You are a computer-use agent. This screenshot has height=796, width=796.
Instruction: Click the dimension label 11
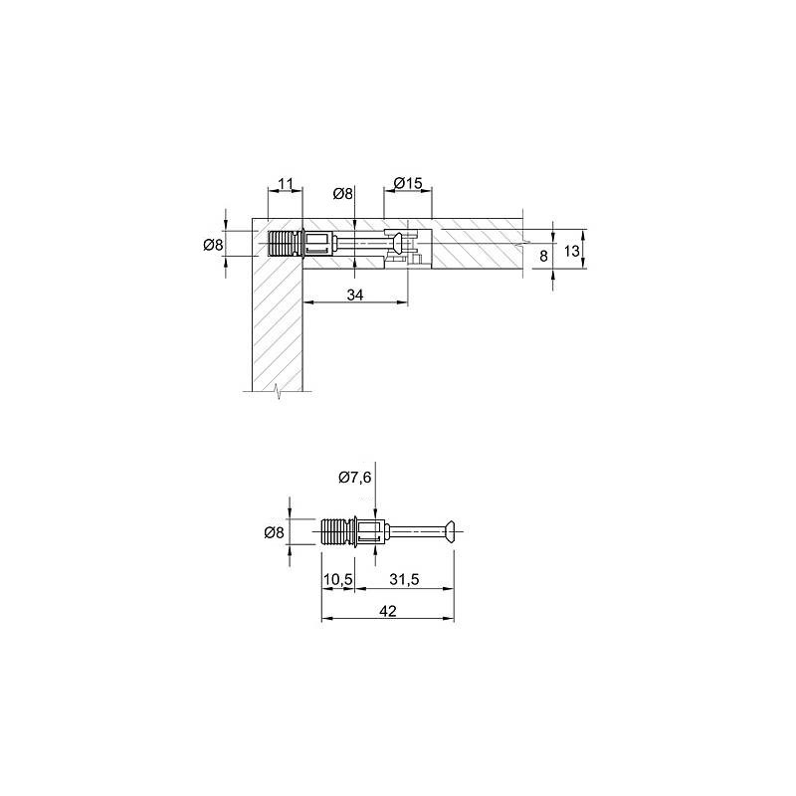287,183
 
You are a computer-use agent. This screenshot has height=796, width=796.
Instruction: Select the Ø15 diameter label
408,183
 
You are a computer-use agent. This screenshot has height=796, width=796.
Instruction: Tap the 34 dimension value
355,295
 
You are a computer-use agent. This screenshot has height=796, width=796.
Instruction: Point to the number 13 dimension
571,251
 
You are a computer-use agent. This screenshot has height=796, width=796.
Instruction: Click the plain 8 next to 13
543,256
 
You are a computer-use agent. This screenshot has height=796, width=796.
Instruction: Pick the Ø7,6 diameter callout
355,478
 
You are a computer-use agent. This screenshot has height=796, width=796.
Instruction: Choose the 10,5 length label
338,579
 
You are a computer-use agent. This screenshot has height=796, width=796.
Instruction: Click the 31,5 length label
404,579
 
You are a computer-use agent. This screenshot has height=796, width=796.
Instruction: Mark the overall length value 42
388,611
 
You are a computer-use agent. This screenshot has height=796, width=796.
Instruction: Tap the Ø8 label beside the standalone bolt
275,532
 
